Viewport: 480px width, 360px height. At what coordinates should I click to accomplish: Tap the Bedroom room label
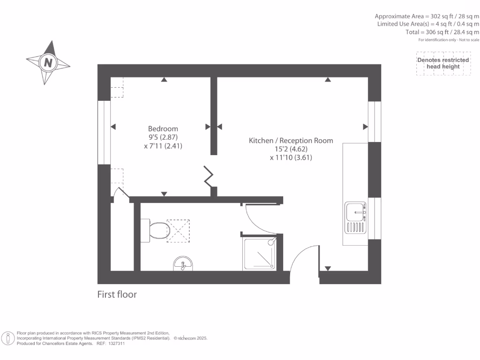point(163,128)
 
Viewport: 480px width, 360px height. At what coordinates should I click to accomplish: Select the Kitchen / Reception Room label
point(291,140)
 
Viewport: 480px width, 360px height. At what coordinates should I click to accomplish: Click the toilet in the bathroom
point(156,230)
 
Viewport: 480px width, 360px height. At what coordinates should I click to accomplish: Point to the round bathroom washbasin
point(182,264)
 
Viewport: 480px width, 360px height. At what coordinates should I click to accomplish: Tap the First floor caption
point(117,294)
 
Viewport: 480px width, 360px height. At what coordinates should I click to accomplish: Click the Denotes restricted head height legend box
point(443,63)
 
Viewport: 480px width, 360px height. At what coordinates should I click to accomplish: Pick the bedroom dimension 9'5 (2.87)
point(163,137)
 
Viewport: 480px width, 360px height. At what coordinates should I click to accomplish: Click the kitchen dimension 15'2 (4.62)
point(291,149)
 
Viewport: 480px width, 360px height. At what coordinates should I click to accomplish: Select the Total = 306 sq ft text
point(442,32)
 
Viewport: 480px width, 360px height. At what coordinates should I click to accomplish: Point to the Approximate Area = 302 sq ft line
point(427,15)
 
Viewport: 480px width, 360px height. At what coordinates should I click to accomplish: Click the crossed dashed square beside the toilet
point(179,230)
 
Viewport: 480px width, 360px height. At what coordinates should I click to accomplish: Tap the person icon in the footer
point(7,338)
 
